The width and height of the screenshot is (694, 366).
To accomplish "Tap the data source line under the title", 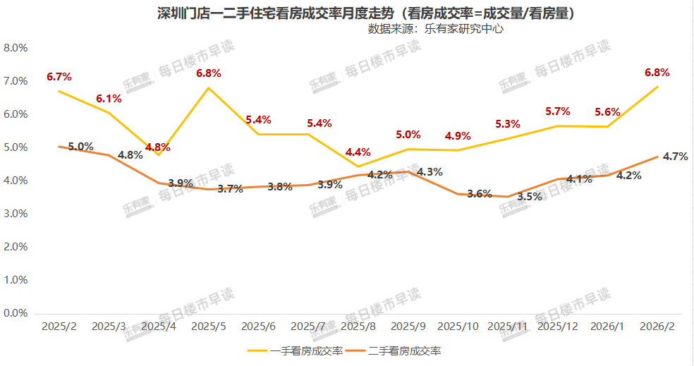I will point(435,29).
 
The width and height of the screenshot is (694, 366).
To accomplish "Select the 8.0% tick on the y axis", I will point(16,48).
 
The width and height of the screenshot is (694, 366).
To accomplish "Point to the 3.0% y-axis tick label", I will point(16,214).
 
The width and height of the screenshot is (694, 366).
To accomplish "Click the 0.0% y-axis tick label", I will point(16,313).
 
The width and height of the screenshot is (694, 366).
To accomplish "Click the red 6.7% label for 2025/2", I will point(59,77).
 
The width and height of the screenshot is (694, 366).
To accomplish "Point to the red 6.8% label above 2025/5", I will point(209,73).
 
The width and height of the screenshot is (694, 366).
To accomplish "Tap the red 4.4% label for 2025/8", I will point(358,152).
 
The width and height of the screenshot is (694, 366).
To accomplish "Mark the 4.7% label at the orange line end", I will point(675,157).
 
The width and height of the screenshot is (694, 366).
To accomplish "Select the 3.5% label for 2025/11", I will point(530,197).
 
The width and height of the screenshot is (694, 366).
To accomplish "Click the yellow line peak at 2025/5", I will point(209,88).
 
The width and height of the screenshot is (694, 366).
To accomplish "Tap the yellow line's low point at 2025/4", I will point(159,154).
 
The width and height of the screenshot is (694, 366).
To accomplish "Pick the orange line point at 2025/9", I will point(408,171).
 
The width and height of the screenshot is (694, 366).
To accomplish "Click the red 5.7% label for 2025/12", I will point(557,111).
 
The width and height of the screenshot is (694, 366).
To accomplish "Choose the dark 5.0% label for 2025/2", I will point(80,147).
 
